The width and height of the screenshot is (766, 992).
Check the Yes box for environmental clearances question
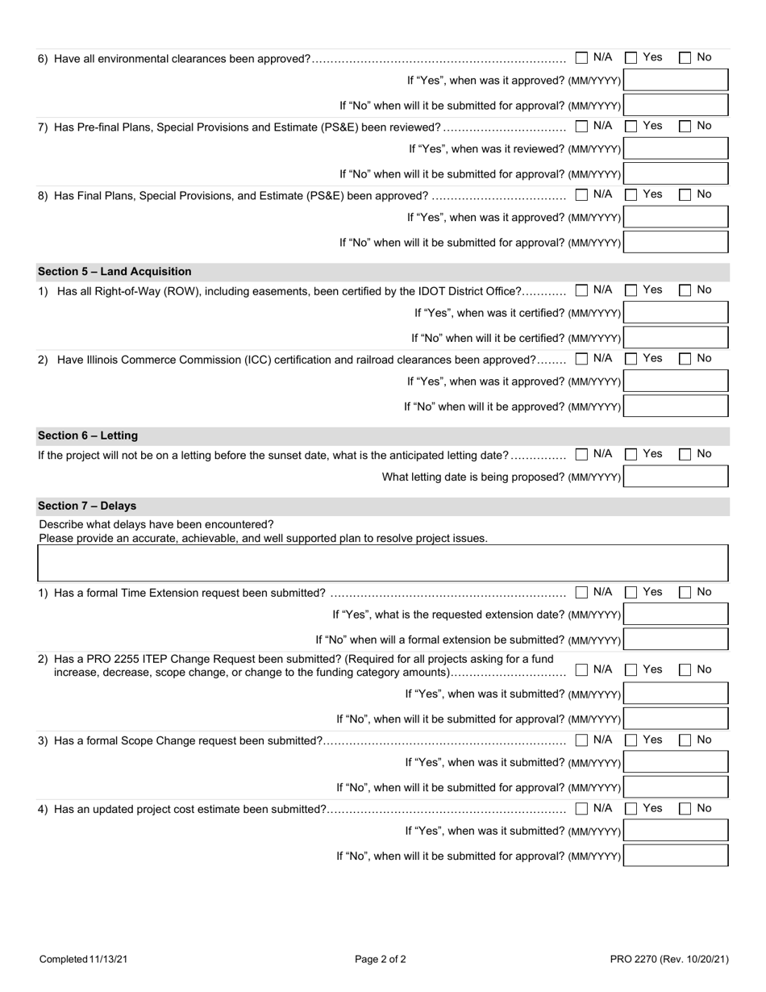point(632,58)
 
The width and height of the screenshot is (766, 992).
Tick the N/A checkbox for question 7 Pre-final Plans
point(582,127)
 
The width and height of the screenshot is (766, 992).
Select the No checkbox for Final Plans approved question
point(685,195)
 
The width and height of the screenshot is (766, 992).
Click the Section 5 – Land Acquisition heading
point(114,272)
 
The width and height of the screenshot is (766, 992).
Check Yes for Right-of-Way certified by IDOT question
point(632,290)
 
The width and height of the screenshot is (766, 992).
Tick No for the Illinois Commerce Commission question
point(685,359)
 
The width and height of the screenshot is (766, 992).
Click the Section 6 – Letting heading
point(88,436)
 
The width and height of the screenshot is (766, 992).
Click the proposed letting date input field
point(676,477)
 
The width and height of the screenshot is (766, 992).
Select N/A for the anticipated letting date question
point(582,455)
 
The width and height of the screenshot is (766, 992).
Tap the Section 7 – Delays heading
point(87,506)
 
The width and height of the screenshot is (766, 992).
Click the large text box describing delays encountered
point(383,563)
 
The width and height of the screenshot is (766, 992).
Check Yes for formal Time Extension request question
point(632,593)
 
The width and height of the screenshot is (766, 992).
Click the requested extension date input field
point(676,615)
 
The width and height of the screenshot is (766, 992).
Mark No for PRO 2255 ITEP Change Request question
point(685,670)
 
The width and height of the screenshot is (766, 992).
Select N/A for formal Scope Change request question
point(582,740)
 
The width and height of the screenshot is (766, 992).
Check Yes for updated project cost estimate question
point(632,809)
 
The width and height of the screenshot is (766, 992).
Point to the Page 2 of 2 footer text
point(381,960)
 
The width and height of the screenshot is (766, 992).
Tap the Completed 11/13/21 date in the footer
point(83,960)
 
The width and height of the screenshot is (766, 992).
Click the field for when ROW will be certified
point(676,338)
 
